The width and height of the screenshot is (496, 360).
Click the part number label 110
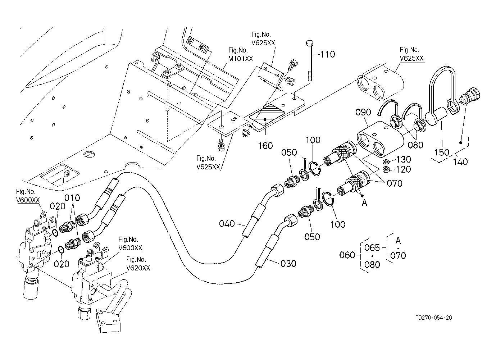coord(328,54)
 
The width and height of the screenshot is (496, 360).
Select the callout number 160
coord(265,145)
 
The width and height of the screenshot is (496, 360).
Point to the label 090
coord(363,112)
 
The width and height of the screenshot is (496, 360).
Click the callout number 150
coord(442,152)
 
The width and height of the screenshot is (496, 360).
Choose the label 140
coord(460,161)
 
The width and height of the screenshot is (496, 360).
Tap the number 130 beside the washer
coord(404,159)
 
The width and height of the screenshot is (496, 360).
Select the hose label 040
coord(227,224)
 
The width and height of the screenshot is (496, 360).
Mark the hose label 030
coord(288,264)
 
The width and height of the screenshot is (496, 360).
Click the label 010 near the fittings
coord(72,198)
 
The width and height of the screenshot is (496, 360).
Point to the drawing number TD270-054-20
coord(433,318)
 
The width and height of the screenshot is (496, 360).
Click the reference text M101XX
coord(241,59)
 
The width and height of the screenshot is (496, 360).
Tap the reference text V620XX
coord(138,268)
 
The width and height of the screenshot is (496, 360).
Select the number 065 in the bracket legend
coord(372,248)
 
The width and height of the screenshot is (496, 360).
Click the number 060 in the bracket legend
coord(347,255)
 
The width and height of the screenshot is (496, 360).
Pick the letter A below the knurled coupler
coord(364,202)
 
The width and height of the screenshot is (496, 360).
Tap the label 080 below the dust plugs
coord(416,145)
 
